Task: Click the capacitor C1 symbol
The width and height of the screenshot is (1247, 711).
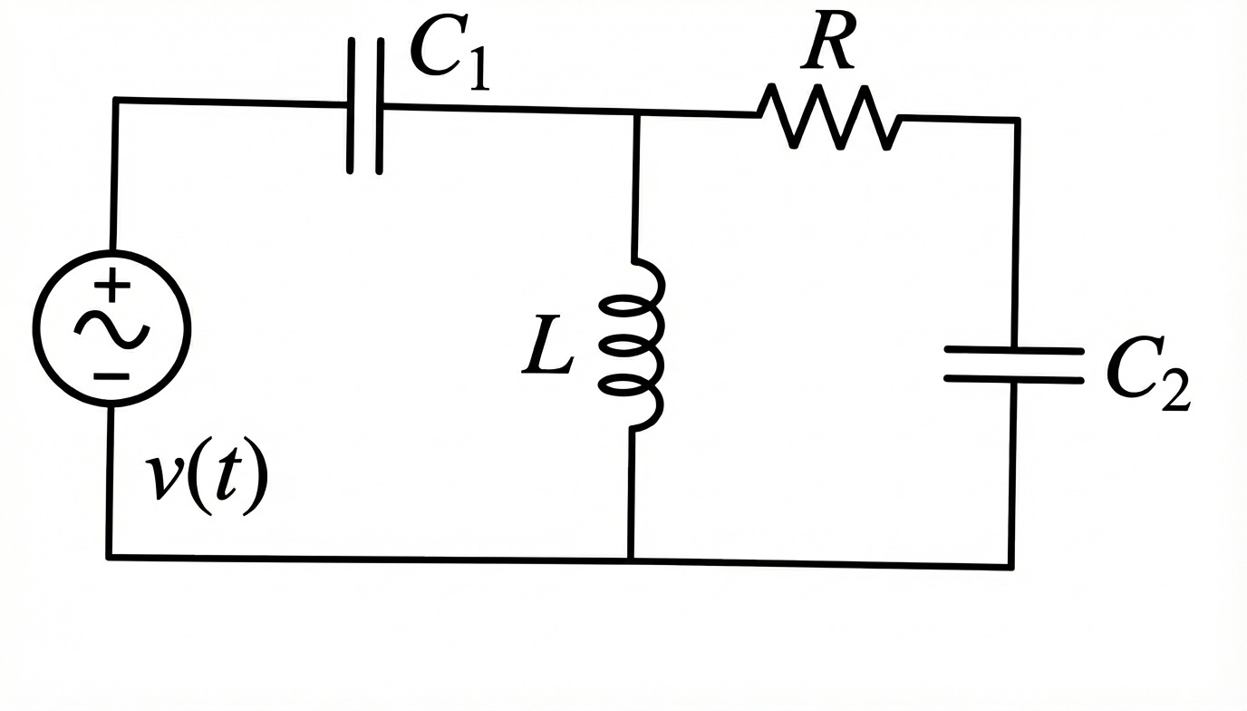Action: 365,105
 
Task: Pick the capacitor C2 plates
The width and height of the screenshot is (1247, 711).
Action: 1014,364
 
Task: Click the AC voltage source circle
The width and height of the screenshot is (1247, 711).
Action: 112,327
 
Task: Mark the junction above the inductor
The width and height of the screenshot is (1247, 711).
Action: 636,112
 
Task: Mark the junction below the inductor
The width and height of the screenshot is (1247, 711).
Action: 632,560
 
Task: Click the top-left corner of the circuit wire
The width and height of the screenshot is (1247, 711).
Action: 115,100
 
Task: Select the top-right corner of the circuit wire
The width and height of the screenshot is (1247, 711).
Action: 1018,120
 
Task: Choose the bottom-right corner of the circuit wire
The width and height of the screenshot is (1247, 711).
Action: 1011,565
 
